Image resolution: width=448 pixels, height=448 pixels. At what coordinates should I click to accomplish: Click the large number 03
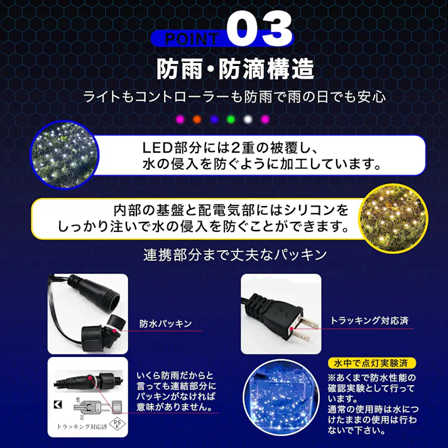click(x=259, y=29)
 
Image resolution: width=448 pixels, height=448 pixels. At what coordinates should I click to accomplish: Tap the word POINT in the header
click(x=192, y=38)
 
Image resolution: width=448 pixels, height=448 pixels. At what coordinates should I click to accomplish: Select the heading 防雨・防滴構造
click(x=235, y=69)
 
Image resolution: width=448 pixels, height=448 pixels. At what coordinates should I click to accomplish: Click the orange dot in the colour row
click(x=197, y=118)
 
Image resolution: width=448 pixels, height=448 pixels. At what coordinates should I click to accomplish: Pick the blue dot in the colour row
click(x=214, y=118)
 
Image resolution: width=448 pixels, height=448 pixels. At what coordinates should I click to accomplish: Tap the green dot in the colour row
click(x=230, y=118)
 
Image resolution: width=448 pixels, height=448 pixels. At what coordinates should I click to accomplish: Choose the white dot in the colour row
click(x=248, y=118)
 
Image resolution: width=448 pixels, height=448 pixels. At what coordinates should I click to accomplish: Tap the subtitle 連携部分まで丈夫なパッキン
click(x=235, y=255)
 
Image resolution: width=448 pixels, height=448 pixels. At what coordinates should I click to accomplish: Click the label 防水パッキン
click(x=165, y=324)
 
